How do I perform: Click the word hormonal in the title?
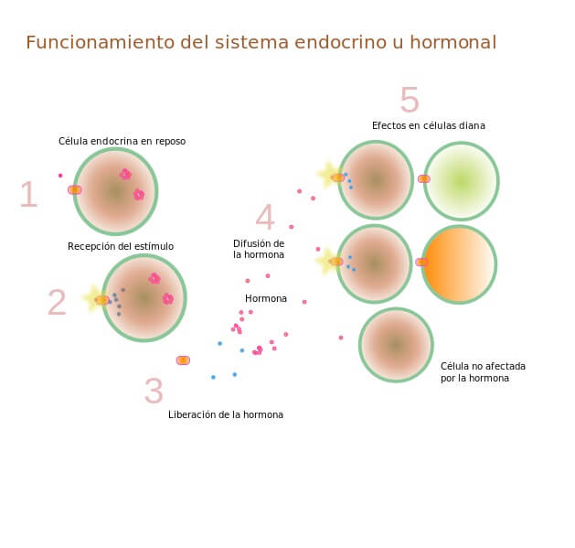point(452,43)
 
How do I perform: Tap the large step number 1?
point(28,195)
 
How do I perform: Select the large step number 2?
point(57,303)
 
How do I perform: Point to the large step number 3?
point(154,392)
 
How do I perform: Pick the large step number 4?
point(264,218)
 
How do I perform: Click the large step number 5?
point(410,100)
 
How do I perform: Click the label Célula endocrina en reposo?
point(122,141)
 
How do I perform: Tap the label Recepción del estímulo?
point(121,246)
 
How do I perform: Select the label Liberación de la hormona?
point(226,414)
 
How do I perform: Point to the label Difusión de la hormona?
point(259,249)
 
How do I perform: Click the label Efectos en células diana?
point(428,125)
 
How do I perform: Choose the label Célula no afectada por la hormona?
point(483,371)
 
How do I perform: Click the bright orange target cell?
point(459,264)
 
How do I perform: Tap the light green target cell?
point(462,181)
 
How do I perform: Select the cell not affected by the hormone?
point(396,344)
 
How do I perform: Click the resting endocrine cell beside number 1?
point(115,191)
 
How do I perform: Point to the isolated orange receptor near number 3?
point(183,360)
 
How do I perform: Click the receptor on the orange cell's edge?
point(421,263)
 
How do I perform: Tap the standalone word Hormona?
point(266,298)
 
